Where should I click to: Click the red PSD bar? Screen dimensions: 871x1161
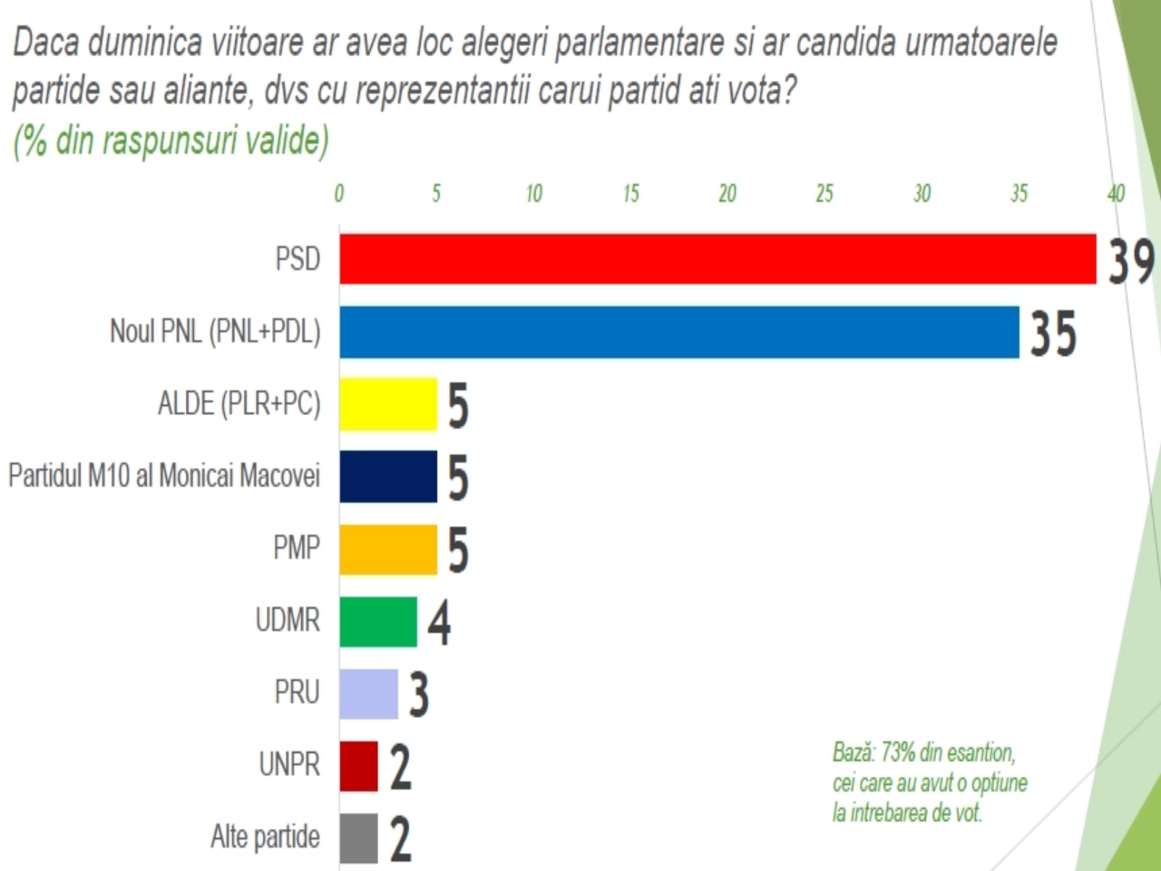717,258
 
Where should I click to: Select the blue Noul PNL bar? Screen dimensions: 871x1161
679,332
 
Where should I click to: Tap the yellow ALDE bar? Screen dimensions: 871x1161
388,404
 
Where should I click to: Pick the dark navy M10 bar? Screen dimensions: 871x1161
388,476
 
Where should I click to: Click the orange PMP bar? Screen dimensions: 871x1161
388,549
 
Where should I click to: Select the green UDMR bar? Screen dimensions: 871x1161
378,621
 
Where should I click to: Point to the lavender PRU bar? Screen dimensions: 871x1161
369,693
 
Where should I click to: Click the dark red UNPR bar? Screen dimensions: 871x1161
358,766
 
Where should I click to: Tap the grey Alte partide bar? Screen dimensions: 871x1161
358,838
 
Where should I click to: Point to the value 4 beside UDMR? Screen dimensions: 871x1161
439,623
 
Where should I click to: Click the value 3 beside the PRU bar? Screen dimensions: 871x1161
419,695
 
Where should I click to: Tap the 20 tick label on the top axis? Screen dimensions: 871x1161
727,193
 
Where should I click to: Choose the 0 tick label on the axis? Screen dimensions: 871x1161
339,193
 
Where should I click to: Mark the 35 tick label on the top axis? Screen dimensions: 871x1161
1019,193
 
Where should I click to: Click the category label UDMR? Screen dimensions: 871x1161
287,621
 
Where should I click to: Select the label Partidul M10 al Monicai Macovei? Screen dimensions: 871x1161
164,475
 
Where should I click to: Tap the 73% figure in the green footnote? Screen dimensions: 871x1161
898,752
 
